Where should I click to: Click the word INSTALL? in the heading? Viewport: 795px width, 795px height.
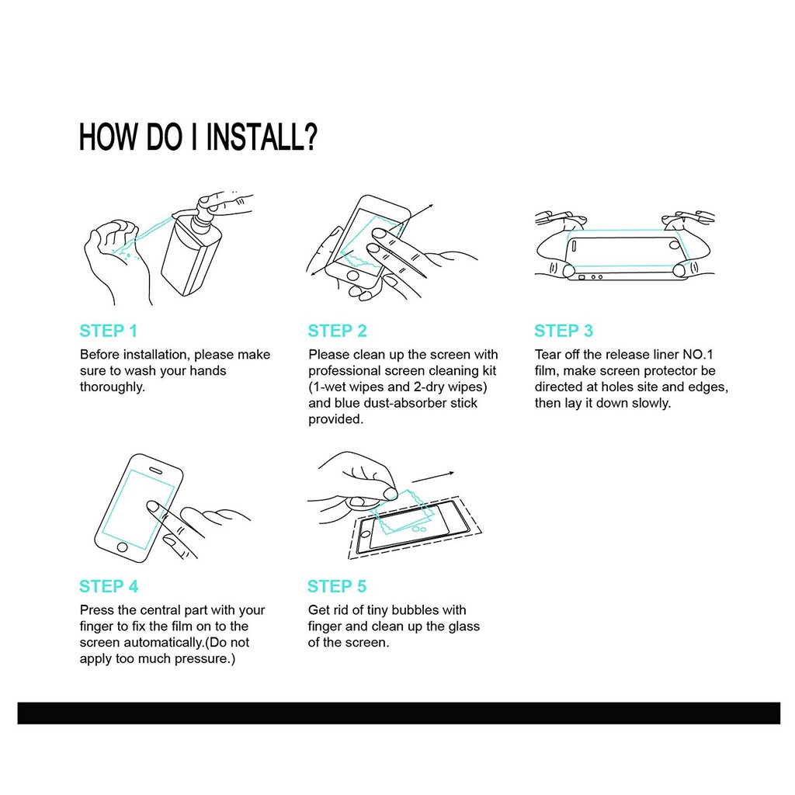pyautogui.click(x=262, y=137)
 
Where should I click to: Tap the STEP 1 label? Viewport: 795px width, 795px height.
pyautogui.click(x=109, y=331)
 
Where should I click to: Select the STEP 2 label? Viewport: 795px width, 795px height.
pyautogui.click(x=337, y=331)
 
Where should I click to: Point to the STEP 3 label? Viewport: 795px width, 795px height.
pyautogui.click(x=564, y=331)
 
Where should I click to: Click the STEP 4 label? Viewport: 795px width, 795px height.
pyautogui.click(x=109, y=587)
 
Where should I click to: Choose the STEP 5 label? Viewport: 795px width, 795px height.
pyautogui.click(x=337, y=587)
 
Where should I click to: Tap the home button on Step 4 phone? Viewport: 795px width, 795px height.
pyautogui.click(x=122, y=547)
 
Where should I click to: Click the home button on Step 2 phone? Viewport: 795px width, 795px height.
pyautogui.click(x=353, y=276)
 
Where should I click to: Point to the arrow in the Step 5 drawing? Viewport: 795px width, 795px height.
pyautogui.click(x=432, y=477)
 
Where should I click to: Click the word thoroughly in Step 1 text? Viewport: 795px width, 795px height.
pyautogui.click(x=111, y=387)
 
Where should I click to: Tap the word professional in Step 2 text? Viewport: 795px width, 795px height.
pyautogui.click(x=344, y=371)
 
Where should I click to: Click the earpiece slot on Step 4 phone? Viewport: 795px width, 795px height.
pyautogui.click(x=155, y=471)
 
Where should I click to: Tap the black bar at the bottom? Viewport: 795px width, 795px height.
pyautogui.click(x=398, y=713)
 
